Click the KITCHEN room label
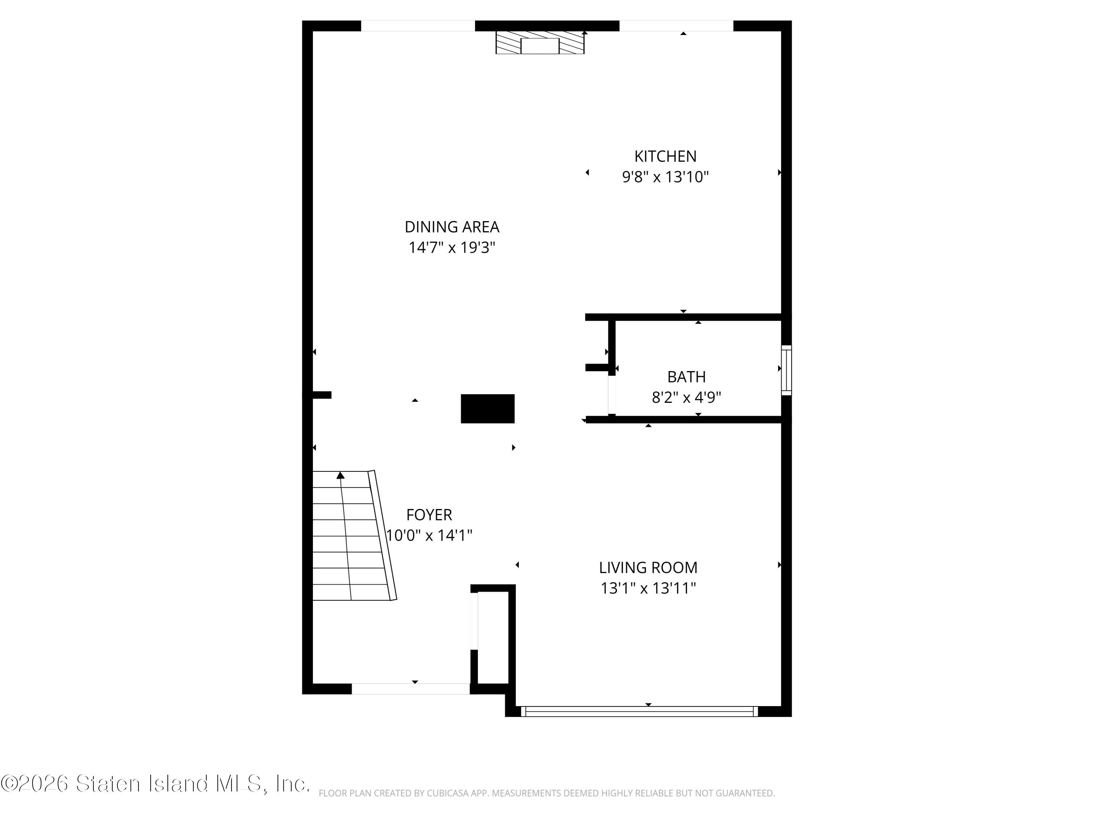[665, 157]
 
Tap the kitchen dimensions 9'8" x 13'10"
[665, 177]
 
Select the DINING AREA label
[451, 227]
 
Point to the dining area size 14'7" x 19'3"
[451, 247]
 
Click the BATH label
[686, 377]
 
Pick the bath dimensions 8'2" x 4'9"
[686, 397]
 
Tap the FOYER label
[429, 515]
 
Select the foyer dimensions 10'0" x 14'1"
[429, 535]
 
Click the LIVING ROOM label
[648, 568]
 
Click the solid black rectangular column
[488, 409]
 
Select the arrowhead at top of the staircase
[340, 475]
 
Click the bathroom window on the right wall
[786, 370]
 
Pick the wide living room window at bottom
[639, 712]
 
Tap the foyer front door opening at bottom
[411, 689]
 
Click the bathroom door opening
[612, 395]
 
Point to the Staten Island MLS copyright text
[155, 784]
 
